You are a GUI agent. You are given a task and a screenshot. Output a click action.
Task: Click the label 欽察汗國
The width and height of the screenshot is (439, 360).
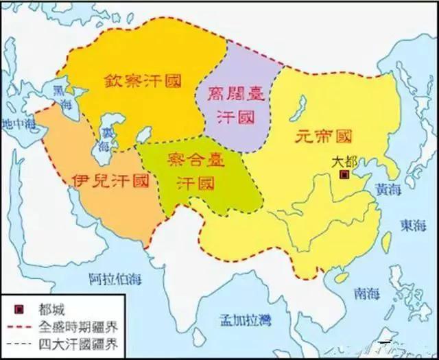coord(143,80)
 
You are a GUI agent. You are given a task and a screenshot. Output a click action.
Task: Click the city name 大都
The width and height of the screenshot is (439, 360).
coord(344,163)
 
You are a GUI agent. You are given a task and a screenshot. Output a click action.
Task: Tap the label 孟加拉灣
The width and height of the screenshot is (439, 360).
coord(244,320)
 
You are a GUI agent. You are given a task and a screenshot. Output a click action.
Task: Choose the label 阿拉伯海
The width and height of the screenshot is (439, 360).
coord(112,278)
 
